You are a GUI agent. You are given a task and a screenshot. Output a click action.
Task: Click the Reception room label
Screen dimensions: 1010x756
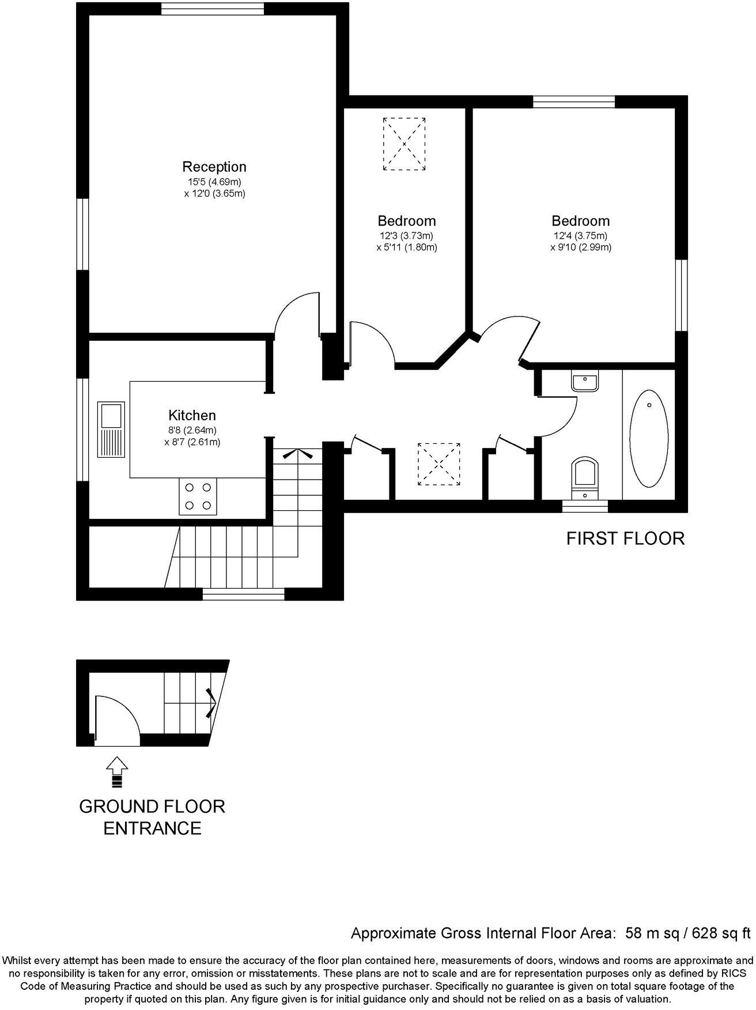(x=214, y=167)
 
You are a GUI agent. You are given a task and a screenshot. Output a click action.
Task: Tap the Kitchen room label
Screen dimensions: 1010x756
(x=192, y=416)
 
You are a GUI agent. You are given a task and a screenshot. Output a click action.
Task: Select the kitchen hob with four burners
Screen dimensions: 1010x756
(x=198, y=497)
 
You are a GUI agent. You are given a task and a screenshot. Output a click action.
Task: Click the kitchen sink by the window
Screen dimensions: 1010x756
(x=111, y=429)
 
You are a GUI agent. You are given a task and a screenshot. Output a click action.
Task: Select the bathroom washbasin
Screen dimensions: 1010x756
(x=585, y=382)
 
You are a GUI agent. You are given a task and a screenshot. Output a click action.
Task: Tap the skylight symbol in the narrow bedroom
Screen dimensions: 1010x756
(x=405, y=144)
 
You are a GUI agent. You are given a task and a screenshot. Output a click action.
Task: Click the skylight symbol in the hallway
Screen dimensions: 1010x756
(x=439, y=464)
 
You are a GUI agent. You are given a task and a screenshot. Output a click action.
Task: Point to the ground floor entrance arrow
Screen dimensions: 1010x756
(x=117, y=772)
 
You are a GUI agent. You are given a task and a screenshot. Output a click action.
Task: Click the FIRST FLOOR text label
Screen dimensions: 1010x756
(x=625, y=538)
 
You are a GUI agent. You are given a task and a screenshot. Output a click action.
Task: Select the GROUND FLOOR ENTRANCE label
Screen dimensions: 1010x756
(x=152, y=817)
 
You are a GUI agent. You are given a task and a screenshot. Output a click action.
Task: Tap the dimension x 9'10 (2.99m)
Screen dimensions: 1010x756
(x=580, y=248)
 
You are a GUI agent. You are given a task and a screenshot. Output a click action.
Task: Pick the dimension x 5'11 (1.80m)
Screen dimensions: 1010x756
(x=406, y=248)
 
